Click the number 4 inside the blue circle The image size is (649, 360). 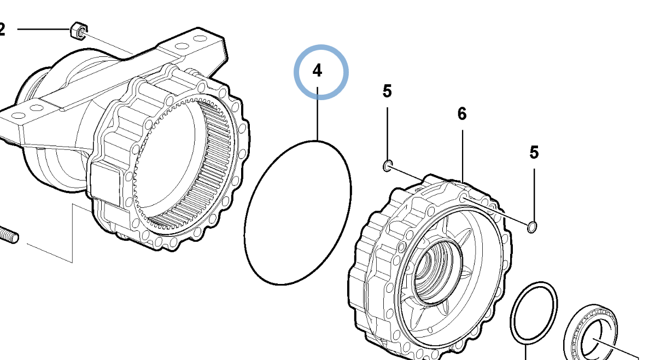pyautogui.click(x=318, y=71)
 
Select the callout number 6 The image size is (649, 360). pyautogui.click(x=462, y=114)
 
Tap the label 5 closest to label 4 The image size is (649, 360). pyautogui.click(x=387, y=91)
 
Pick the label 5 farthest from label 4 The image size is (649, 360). pyautogui.click(x=534, y=152)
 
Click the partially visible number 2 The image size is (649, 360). pyautogui.click(x=2, y=29)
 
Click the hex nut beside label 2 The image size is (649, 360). pyautogui.click(x=78, y=31)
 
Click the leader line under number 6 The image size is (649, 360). pyautogui.click(x=463, y=153)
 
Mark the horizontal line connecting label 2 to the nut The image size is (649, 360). pyautogui.click(x=44, y=28)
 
